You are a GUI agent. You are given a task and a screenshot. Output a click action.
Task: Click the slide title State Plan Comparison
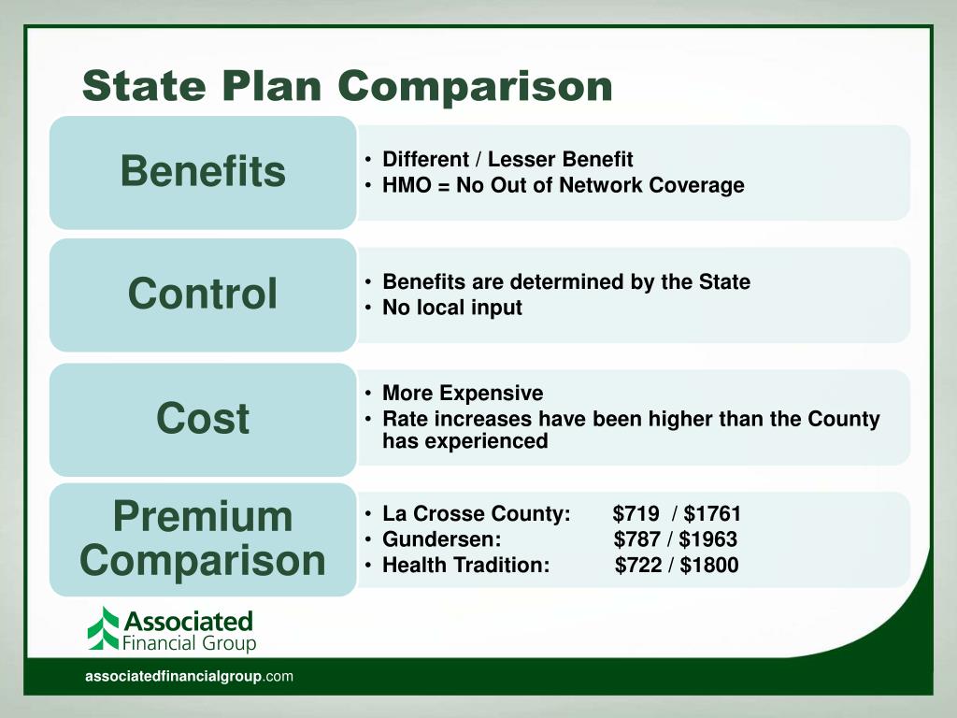tap(347, 86)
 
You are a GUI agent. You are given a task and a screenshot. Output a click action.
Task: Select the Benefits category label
tap(203, 172)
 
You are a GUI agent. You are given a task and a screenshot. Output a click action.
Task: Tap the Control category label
tap(203, 294)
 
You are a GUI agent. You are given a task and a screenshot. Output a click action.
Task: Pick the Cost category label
tap(203, 418)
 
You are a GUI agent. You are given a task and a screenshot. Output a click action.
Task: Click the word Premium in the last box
tap(203, 517)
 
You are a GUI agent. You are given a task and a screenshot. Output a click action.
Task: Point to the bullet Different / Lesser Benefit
tap(507, 159)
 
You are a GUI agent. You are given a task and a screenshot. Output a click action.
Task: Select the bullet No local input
tap(452, 308)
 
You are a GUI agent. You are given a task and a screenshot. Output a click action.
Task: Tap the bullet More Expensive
tap(463, 393)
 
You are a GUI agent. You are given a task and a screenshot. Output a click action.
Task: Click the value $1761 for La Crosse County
tap(712, 514)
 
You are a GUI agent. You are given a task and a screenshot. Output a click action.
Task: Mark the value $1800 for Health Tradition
tap(709, 565)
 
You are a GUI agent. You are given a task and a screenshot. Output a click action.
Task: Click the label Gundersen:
tap(442, 539)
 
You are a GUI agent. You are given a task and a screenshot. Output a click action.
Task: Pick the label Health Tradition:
tap(465, 565)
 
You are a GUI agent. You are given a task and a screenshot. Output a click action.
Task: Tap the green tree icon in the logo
tap(104, 628)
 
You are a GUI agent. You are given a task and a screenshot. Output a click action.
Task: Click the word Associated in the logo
tap(188, 621)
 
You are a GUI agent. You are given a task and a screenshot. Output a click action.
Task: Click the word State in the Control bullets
tap(723, 282)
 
